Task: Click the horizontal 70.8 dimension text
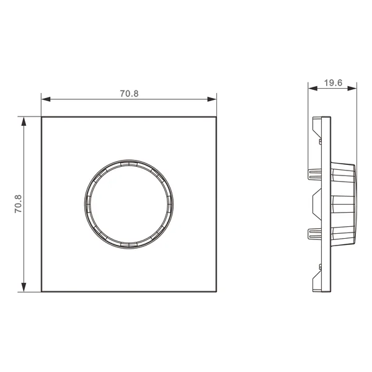tap(129, 94)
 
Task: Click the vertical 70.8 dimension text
tap(18, 204)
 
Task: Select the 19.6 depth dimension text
tap(333, 83)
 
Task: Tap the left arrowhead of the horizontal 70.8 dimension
tap(46, 99)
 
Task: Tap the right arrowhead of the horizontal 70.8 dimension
tap(212, 99)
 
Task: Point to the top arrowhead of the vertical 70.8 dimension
tap(24, 122)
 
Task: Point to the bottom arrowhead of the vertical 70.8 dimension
tap(24, 287)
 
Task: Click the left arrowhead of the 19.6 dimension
tap(312, 89)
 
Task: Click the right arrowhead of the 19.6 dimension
tap(352, 89)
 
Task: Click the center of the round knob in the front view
tap(129, 204)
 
